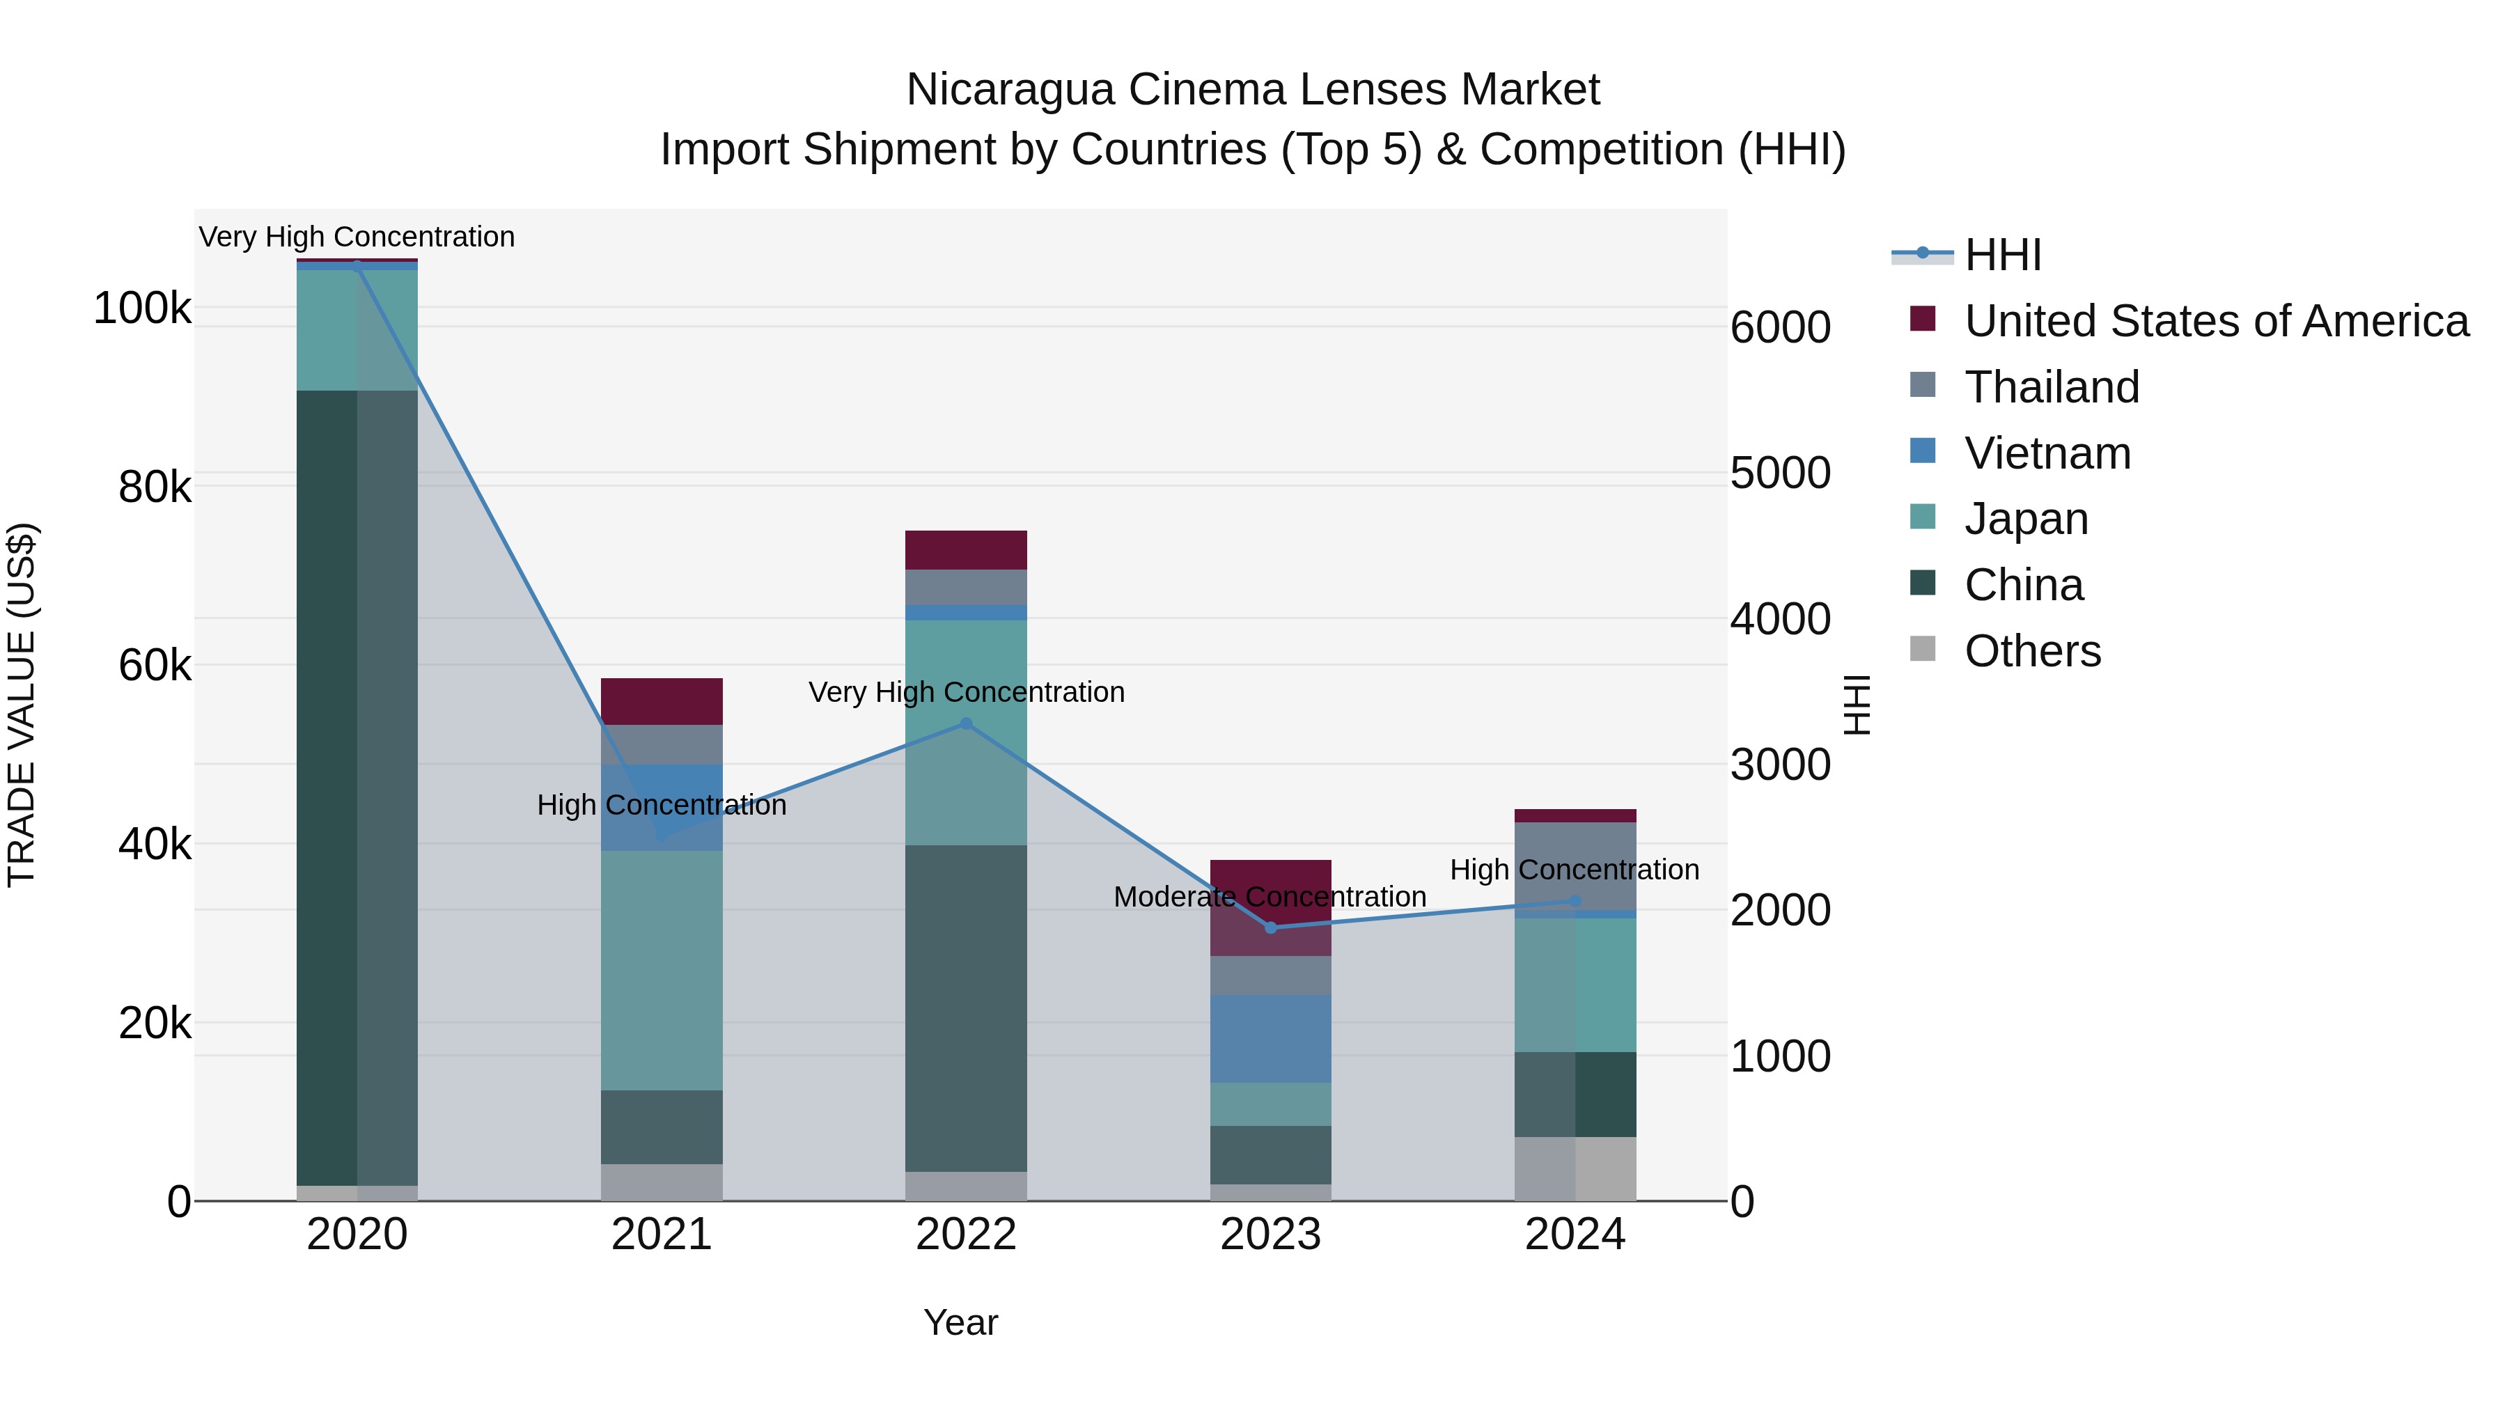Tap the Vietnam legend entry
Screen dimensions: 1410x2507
(2047, 453)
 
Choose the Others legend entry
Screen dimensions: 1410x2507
(2032, 651)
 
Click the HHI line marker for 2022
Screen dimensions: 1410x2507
(965, 724)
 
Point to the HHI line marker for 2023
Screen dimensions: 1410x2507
(1270, 927)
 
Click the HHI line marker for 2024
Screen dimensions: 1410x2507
(1575, 901)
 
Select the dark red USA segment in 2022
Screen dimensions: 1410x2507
(965, 550)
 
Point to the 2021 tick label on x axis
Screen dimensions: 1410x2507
(662, 1235)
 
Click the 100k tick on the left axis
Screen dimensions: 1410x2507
(142, 308)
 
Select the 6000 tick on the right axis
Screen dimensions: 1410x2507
(1780, 327)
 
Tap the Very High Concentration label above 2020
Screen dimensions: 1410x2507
(356, 237)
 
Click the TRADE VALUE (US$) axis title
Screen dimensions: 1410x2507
(22, 705)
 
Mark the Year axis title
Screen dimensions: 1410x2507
(960, 1322)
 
